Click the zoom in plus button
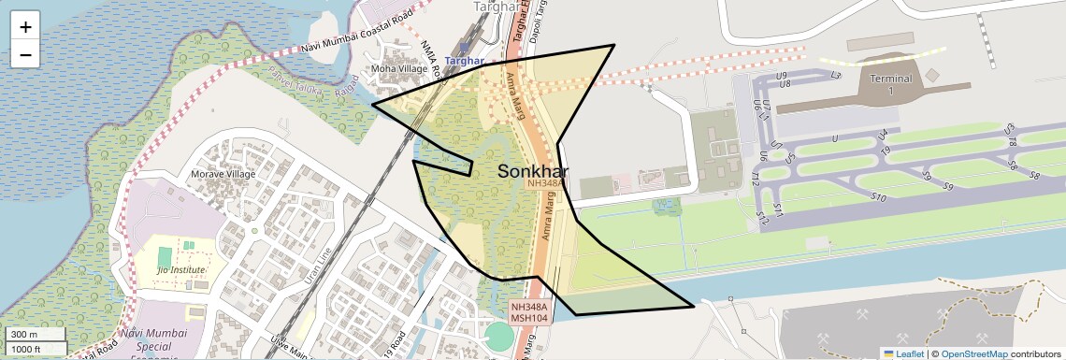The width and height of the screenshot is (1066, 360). (x=25, y=27)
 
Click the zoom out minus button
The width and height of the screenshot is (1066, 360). (x=25, y=54)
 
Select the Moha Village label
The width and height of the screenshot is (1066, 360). (x=398, y=68)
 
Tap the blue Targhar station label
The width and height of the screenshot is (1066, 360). (x=464, y=62)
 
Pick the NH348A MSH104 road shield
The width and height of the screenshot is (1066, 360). (x=528, y=312)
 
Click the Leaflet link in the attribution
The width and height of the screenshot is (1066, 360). (x=903, y=353)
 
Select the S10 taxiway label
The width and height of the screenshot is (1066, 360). (x=878, y=197)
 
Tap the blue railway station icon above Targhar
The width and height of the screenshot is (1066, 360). (x=465, y=46)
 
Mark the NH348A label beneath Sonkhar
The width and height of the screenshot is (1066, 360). (x=545, y=184)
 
